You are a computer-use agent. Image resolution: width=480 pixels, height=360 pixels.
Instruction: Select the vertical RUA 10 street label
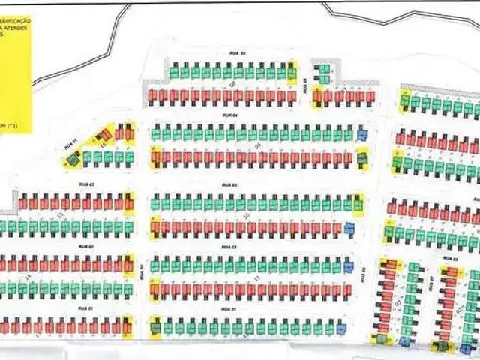tap(142, 271)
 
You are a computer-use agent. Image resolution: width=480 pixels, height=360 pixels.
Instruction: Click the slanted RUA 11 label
tap(72, 142)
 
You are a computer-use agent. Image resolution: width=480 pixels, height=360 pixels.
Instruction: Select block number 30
tap(247, 216)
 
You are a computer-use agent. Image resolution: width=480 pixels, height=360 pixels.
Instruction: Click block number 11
tap(257, 277)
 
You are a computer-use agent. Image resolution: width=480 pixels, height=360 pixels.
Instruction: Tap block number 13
tap(59, 214)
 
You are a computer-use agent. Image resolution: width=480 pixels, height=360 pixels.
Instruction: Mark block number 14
tap(28, 277)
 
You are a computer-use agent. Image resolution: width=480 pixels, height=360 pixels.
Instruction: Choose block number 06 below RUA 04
tap(257, 145)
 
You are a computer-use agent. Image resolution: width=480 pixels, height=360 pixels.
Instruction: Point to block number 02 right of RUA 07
tap(458, 308)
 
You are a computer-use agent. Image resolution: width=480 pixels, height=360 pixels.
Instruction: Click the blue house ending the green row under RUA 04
tap(362, 135)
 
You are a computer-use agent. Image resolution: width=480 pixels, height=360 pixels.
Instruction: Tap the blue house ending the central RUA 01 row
tap(341, 327)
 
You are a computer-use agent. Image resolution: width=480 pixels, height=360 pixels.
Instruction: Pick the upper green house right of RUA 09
tap(324, 68)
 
